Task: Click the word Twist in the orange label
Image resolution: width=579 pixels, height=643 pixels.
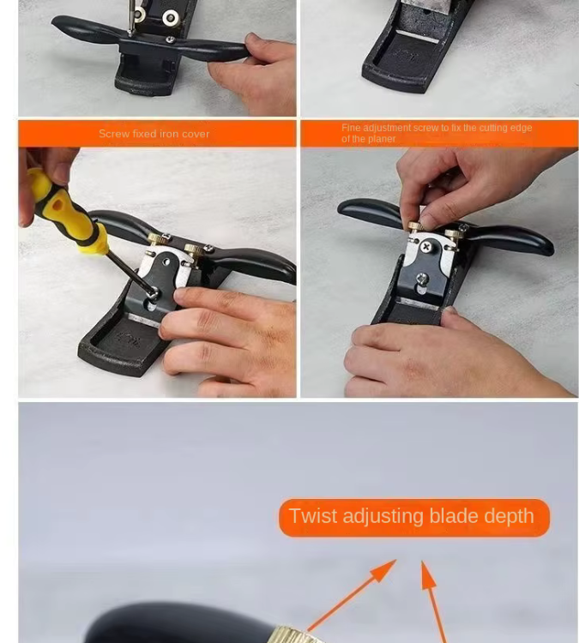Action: pyautogui.click(x=314, y=515)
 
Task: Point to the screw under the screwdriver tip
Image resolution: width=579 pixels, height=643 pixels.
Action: pyautogui.click(x=153, y=293)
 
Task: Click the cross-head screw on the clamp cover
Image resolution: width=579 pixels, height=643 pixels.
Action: pyautogui.click(x=427, y=246)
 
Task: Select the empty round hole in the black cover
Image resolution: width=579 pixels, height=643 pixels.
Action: pyautogui.click(x=166, y=261)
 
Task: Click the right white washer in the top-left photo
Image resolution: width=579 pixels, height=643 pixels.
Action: pyautogui.click(x=170, y=18)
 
